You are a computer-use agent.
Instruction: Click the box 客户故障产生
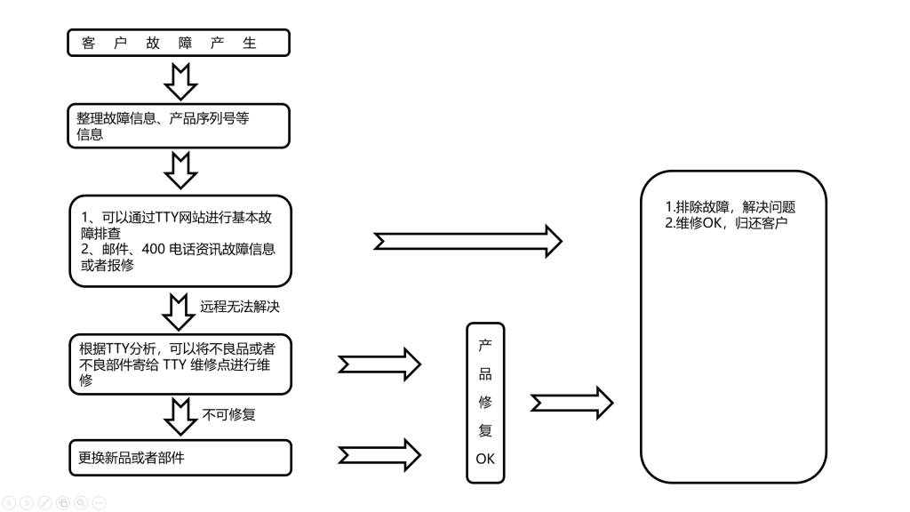(x=179, y=43)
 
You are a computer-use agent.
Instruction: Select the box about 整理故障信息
(x=179, y=126)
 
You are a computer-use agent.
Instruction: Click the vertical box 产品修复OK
(x=485, y=403)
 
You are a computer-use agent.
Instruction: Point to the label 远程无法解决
(x=240, y=307)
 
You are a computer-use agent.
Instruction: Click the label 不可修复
(x=229, y=413)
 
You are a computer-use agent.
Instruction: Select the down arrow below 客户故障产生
(x=180, y=82)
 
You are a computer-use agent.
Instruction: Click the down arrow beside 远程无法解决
(x=180, y=311)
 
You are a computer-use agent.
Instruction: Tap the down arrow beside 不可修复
(x=180, y=416)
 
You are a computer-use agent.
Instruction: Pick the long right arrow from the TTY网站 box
(x=467, y=241)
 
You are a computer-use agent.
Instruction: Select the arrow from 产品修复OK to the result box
(x=571, y=403)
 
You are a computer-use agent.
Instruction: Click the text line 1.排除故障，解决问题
(x=730, y=207)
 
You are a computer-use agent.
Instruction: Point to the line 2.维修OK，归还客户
(x=726, y=222)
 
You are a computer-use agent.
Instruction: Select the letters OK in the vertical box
(x=485, y=460)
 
